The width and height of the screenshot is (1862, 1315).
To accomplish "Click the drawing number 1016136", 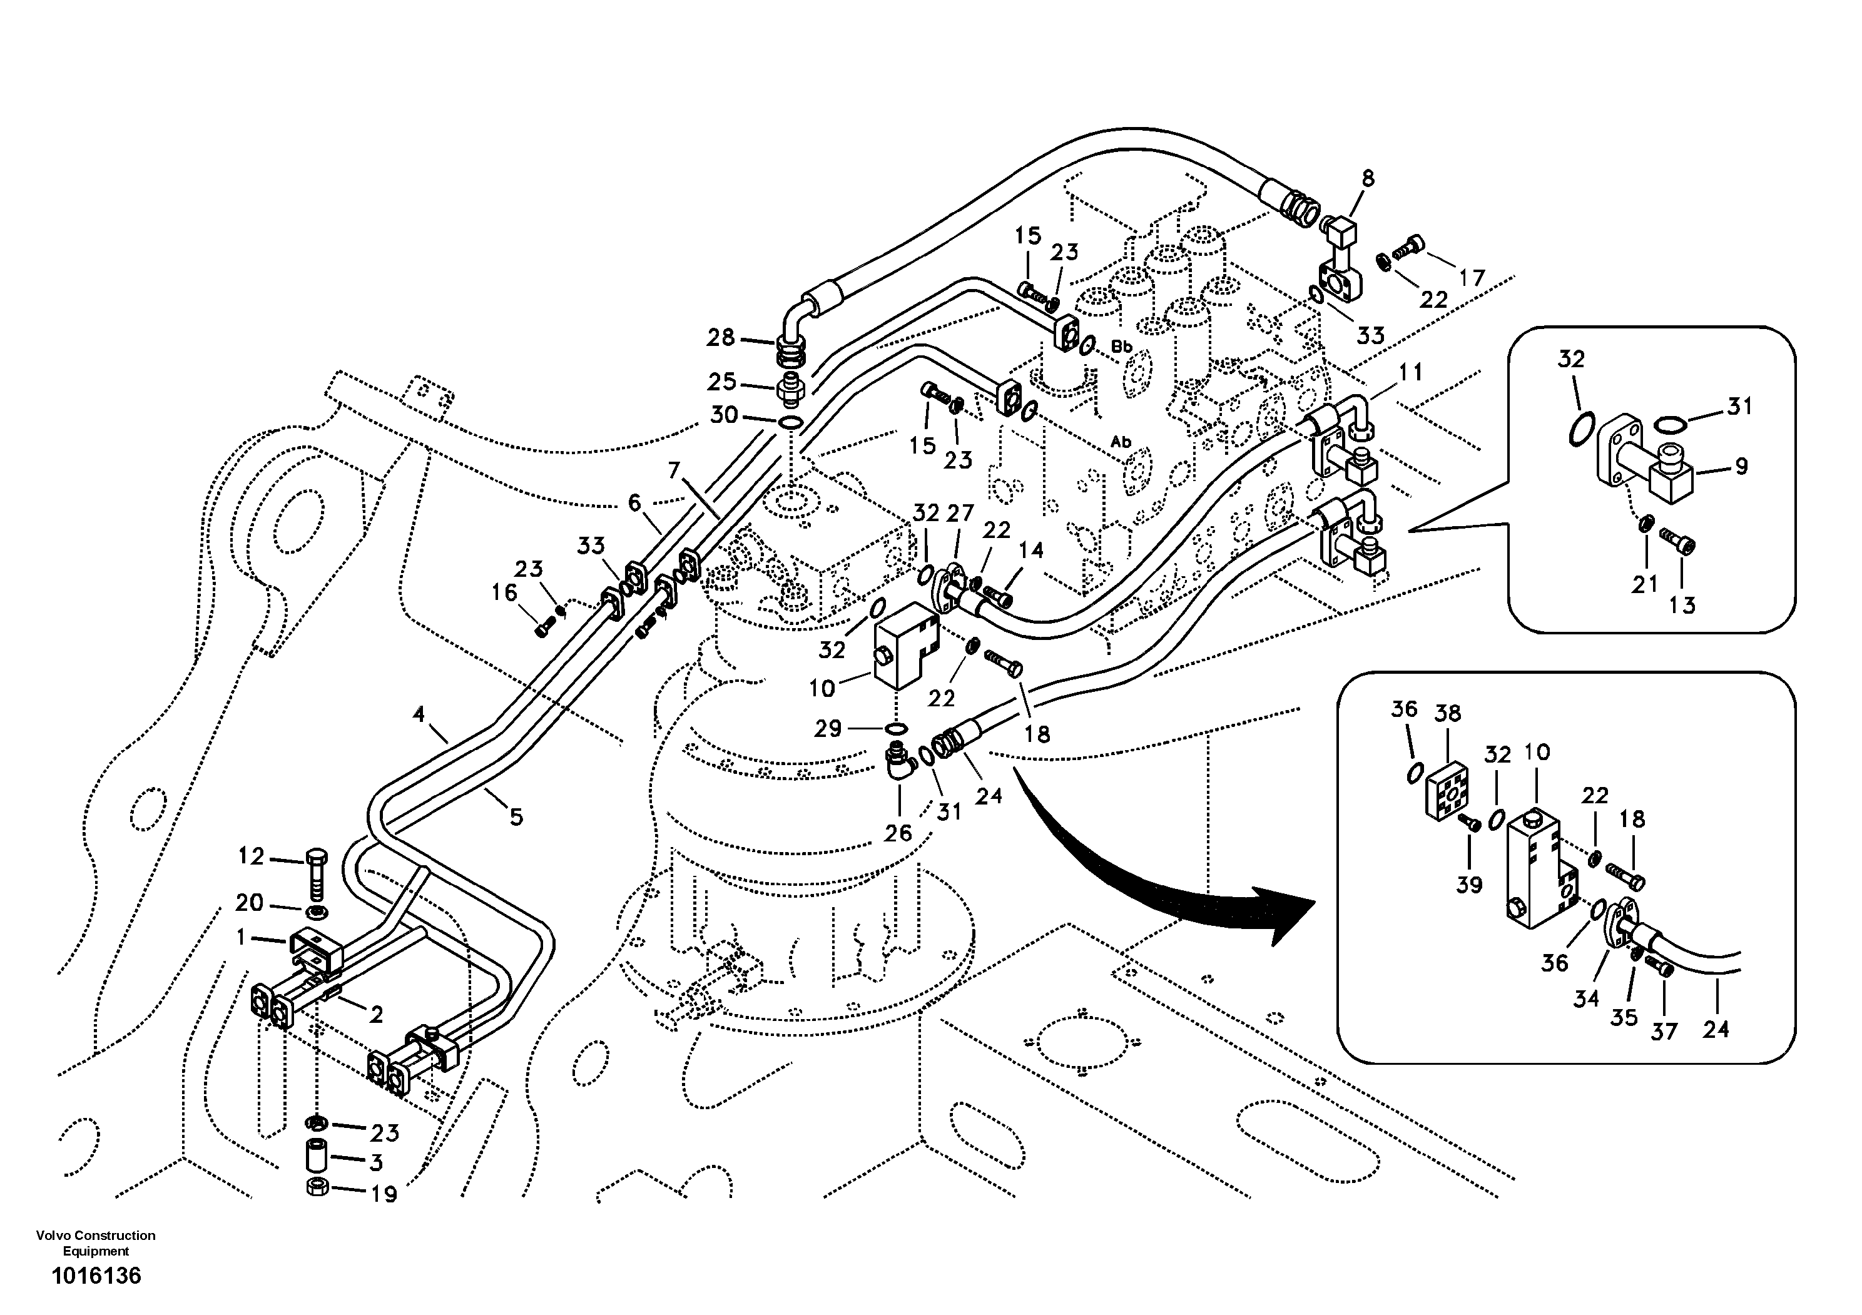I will (96, 1276).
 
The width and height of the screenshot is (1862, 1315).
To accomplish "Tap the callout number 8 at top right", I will (1368, 178).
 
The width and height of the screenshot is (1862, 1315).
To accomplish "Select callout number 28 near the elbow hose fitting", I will (720, 337).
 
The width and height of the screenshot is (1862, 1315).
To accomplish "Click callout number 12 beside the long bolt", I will (252, 856).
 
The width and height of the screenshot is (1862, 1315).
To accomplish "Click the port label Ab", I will (1121, 442).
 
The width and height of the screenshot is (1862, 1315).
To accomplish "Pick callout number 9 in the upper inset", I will (1741, 466).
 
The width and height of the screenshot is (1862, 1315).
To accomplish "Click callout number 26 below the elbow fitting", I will (898, 833).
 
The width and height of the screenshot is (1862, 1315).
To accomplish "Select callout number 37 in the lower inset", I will (1664, 1032).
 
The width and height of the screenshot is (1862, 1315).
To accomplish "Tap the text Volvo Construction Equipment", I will (96, 1243).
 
